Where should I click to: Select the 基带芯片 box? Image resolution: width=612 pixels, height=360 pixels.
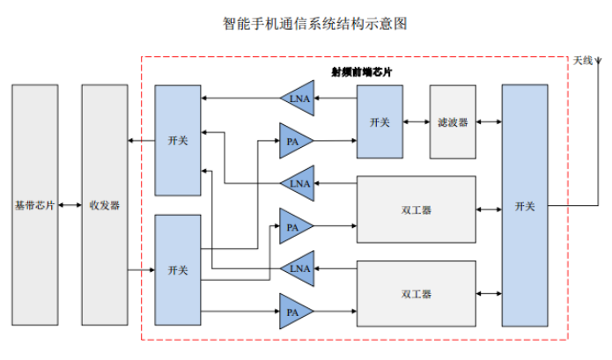(34, 205)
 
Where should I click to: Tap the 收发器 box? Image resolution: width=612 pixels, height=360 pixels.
(104, 205)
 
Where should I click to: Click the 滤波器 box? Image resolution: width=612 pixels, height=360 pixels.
(453, 122)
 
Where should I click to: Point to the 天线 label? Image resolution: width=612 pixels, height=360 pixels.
(582, 60)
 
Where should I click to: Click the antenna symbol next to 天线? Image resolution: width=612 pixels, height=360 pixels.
(598, 63)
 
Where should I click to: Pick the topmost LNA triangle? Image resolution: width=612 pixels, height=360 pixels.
(298, 99)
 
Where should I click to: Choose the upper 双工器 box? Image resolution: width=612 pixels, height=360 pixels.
(416, 210)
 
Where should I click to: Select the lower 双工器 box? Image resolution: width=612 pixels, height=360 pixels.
(416, 293)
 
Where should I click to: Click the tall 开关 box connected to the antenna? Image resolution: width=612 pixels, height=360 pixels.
(525, 206)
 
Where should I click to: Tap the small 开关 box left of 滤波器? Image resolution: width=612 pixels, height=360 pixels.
(380, 122)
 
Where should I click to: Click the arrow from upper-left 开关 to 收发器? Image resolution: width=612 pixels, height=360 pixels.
(141, 140)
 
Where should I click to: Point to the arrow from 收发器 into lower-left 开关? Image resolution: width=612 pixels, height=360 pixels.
(141, 270)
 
